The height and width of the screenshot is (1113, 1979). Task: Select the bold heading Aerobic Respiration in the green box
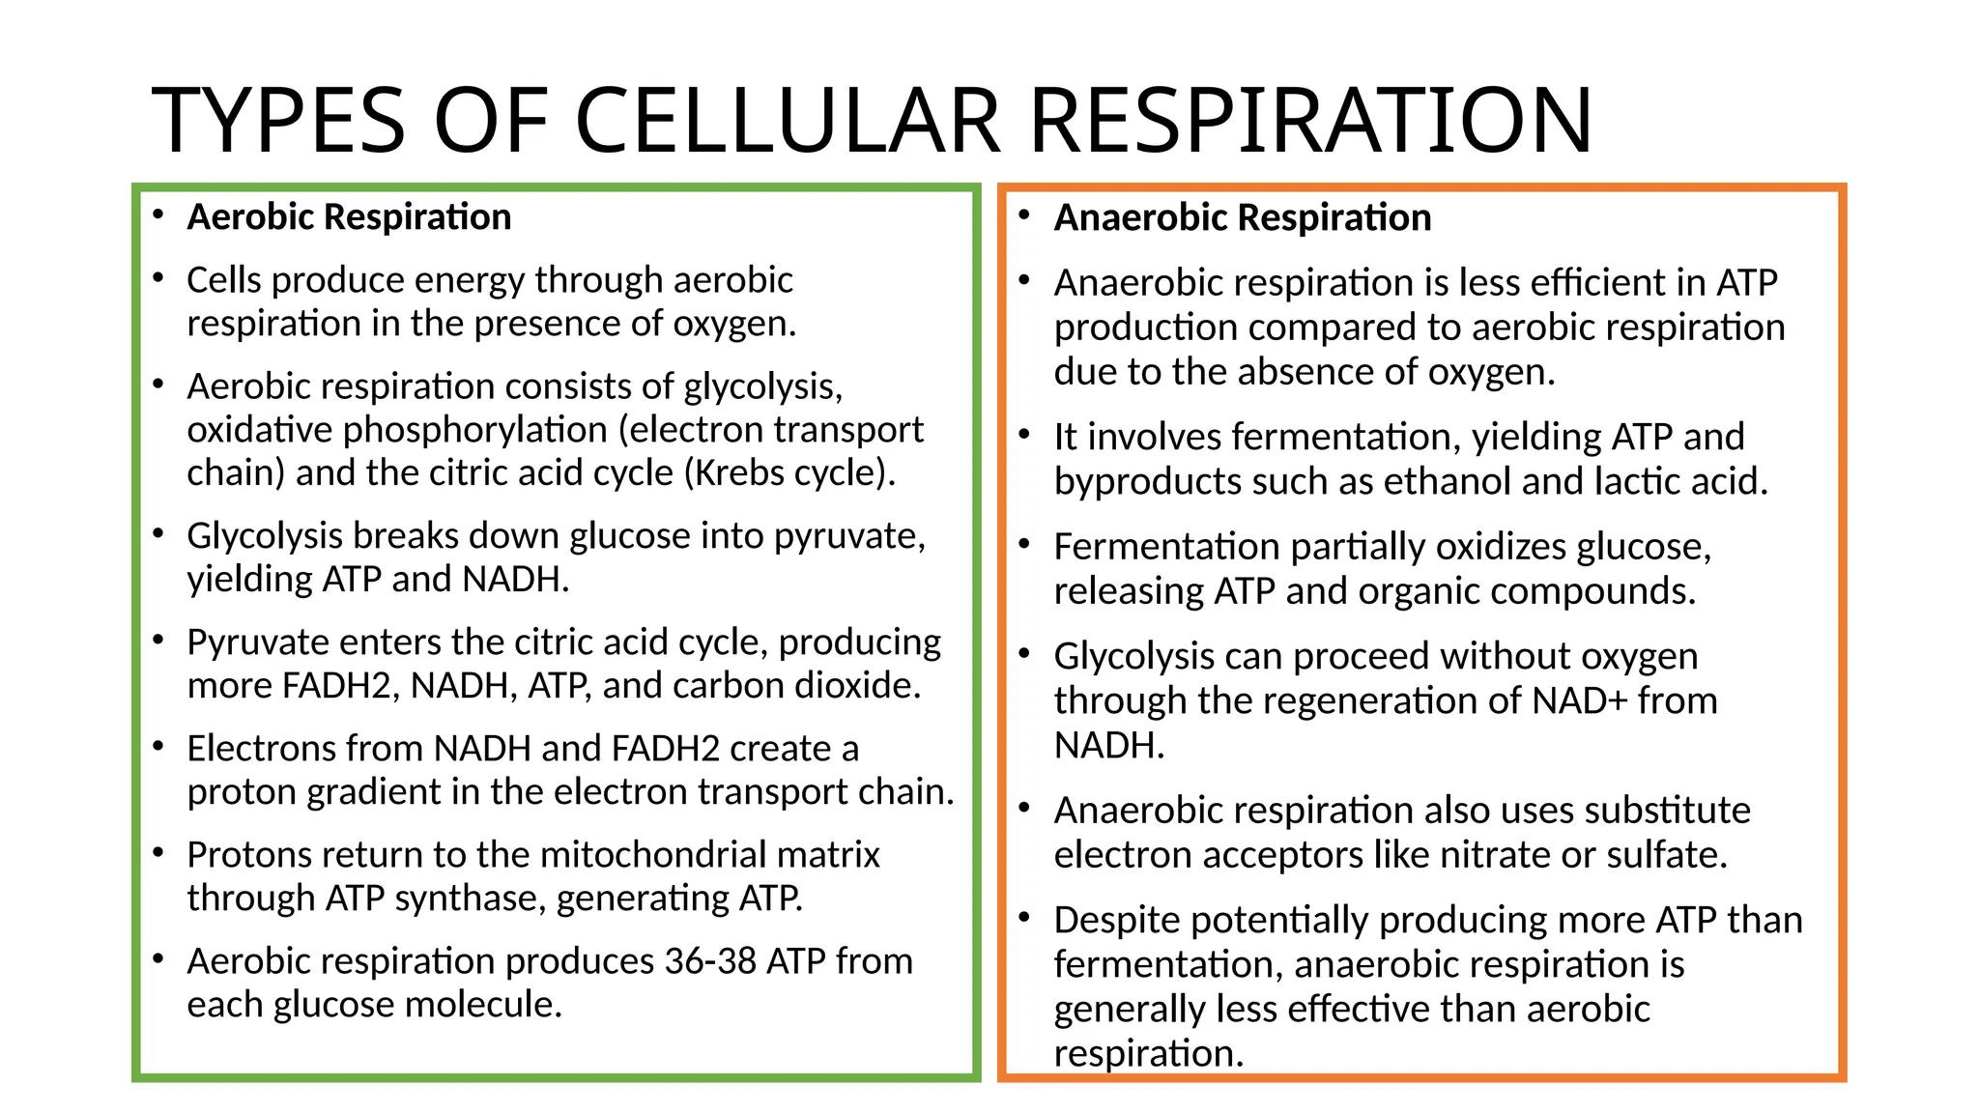[349, 217]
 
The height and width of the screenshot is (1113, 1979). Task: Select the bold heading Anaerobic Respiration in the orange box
[1242, 218]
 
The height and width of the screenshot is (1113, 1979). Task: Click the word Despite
[1116, 921]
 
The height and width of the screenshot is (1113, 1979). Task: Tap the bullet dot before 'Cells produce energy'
[158, 278]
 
